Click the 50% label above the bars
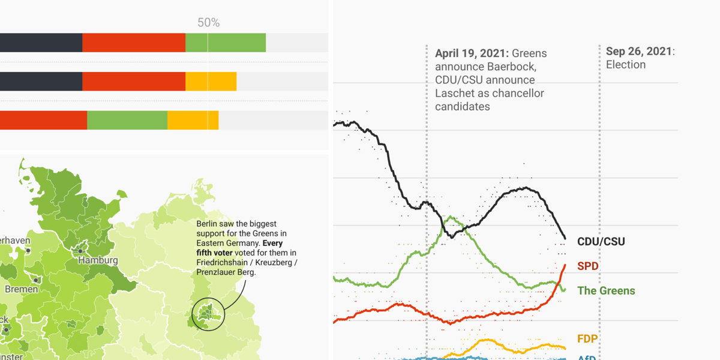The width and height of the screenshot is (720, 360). click(x=208, y=23)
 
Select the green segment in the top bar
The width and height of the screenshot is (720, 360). click(x=226, y=43)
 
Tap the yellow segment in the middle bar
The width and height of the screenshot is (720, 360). click(x=211, y=82)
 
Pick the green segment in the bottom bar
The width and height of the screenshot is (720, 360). click(x=127, y=120)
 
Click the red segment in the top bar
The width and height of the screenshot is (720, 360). click(x=134, y=43)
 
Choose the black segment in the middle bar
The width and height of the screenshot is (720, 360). click(x=41, y=82)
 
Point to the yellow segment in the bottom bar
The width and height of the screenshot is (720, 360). click(x=193, y=120)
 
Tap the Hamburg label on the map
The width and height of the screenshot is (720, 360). click(x=97, y=261)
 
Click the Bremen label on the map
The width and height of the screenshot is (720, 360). click(x=22, y=289)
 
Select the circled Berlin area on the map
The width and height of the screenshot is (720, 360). click(x=208, y=314)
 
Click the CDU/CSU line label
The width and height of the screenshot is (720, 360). click(x=601, y=242)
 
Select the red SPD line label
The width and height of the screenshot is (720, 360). click(x=587, y=266)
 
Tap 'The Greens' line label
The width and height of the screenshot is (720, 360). click(x=605, y=291)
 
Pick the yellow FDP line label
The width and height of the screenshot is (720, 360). click(x=587, y=339)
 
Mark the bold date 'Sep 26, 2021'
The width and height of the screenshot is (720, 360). click(x=638, y=52)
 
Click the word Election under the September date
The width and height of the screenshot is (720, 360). click(x=625, y=65)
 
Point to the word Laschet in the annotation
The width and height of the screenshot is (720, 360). click(x=455, y=94)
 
